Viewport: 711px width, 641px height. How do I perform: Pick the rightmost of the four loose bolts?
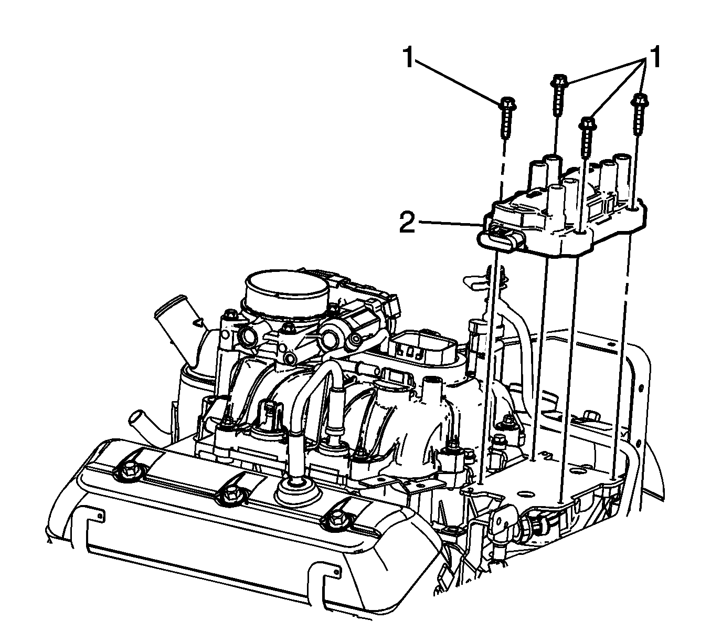(x=640, y=114)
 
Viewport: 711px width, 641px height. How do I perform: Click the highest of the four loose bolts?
(x=559, y=94)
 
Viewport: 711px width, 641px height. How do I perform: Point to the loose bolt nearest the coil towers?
(x=587, y=137)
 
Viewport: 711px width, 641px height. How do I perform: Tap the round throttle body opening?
(x=287, y=289)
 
